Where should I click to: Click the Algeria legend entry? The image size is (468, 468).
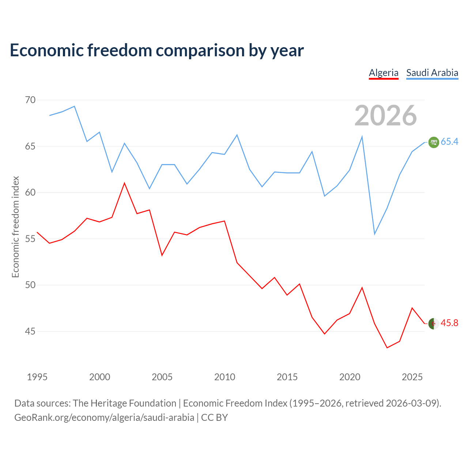coord(384,73)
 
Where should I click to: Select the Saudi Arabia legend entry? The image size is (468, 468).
coord(432,73)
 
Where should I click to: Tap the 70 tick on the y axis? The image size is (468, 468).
coord(30,100)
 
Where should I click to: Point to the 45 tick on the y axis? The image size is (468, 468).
coord(30,331)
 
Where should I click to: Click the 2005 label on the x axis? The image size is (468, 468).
coord(162,377)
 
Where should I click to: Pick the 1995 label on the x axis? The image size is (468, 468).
coord(37,377)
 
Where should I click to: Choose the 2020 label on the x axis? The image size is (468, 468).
coord(350,377)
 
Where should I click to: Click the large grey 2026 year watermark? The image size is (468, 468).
coord(385,116)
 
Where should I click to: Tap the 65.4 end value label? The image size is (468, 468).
coord(450,141)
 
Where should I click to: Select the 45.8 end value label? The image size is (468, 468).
coord(450,323)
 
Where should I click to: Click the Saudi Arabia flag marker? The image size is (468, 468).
coord(434,142)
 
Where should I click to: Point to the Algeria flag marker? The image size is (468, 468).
coord(434,324)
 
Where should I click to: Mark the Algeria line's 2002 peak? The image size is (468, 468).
coord(124,183)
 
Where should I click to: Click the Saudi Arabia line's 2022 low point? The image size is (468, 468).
coord(374,234)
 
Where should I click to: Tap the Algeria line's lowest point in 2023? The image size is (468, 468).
coord(387,348)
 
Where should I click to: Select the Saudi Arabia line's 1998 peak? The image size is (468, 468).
coord(74,106)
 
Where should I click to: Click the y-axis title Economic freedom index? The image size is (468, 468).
coord(15,227)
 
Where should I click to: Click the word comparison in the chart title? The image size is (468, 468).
coord(200,50)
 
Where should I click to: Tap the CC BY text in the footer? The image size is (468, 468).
coord(215,418)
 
